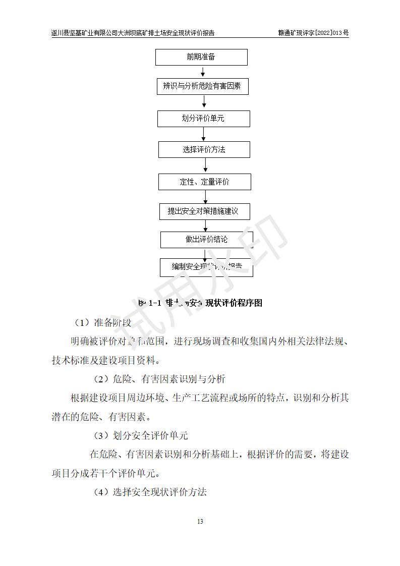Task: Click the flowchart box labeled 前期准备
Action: click(x=201, y=57)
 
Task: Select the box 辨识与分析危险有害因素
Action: click(x=202, y=86)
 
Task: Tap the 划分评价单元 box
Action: click(x=203, y=119)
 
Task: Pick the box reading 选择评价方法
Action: click(x=204, y=150)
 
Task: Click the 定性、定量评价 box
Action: click(x=204, y=182)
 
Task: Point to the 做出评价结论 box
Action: click(x=206, y=240)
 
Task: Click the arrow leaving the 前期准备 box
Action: click(x=202, y=72)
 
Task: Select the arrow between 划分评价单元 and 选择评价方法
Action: click(x=204, y=134)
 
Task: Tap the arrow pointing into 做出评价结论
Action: click(x=205, y=225)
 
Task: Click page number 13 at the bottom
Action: click(x=200, y=521)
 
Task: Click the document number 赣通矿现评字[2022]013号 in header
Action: click(x=313, y=33)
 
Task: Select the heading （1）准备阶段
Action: click(x=102, y=322)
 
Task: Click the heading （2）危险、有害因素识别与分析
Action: click(x=159, y=379)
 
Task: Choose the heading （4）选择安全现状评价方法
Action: click(x=150, y=492)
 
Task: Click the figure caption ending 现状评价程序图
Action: click(x=200, y=303)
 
